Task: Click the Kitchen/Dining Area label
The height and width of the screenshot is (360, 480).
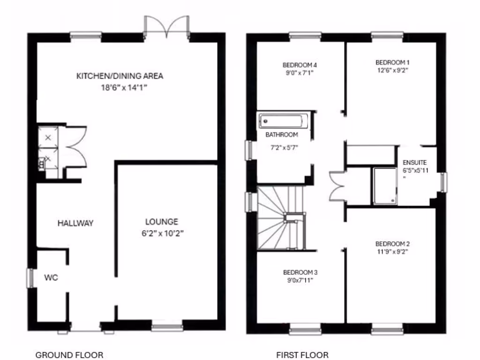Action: point(120,76)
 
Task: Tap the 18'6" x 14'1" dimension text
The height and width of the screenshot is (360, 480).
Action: point(120,87)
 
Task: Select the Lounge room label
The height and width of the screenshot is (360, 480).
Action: point(161,222)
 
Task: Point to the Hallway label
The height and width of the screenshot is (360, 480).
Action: point(75,223)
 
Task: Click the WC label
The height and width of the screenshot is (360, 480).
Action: point(51,277)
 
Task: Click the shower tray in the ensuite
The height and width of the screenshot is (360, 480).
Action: point(384,186)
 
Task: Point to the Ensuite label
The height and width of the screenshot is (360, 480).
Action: point(414,163)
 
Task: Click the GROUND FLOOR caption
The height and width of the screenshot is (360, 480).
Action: point(69,355)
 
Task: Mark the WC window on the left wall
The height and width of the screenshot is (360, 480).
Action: point(30,277)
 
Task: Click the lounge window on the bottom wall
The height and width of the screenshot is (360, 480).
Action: point(167,327)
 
